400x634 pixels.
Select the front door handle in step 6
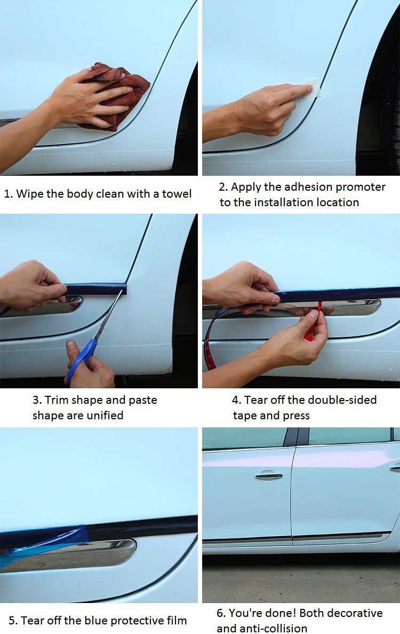coord(269,476)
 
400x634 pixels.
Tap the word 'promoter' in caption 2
coord(361,187)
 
